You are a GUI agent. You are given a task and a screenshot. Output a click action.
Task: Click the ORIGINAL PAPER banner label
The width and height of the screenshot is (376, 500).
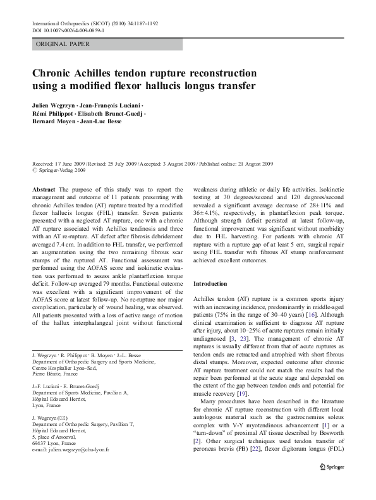63,44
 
